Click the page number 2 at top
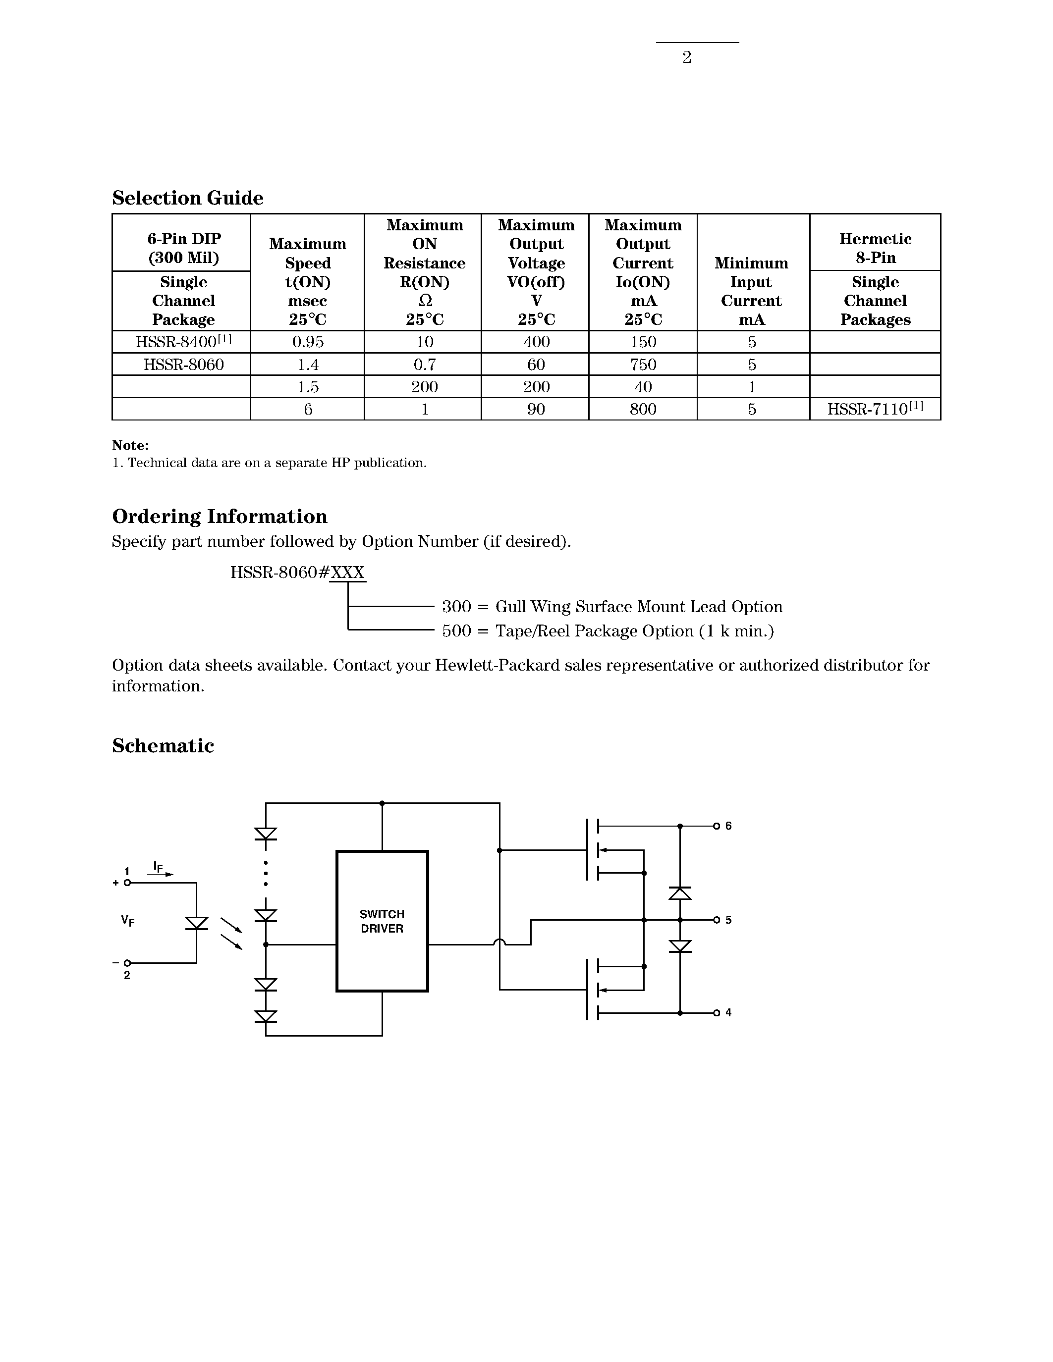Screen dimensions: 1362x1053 click(686, 57)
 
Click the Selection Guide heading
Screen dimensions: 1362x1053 click(187, 198)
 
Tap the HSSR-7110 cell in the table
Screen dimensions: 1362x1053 click(875, 409)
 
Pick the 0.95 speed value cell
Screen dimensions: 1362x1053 click(308, 342)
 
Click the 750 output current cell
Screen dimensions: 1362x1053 click(643, 364)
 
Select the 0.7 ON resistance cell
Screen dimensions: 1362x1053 click(424, 364)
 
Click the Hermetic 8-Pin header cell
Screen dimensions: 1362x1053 click(875, 248)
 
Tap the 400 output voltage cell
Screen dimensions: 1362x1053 click(536, 342)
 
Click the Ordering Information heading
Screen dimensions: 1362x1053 click(220, 517)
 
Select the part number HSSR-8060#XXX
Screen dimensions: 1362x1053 click(297, 573)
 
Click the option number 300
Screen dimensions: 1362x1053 click(456, 607)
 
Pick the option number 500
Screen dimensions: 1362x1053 click(456, 631)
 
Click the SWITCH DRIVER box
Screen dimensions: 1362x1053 click(382, 921)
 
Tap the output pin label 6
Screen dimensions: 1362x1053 click(728, 826)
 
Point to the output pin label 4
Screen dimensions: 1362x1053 click(728, 1013)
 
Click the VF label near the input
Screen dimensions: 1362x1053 click(128, 921)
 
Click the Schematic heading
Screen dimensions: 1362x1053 click(163, 746)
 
